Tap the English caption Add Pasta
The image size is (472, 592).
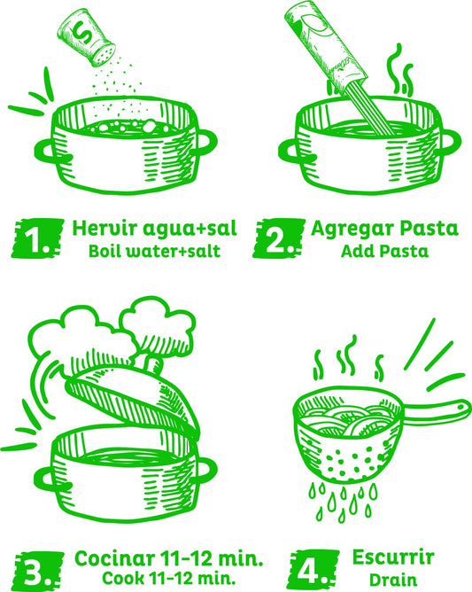tap(385, 251)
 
